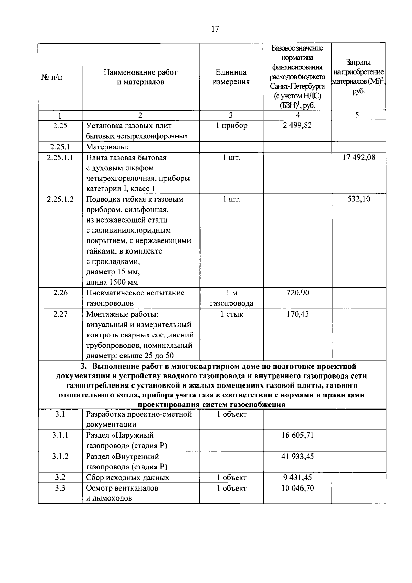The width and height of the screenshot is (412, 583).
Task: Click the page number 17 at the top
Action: [x=215, y=29]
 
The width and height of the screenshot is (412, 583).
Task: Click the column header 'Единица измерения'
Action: [x=231, y=77]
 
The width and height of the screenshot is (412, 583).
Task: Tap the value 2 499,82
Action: [x=297, y=125]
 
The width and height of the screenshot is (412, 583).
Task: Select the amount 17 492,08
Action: [x=359, y=157]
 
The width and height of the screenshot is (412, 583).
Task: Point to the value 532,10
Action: [x=359, y=199]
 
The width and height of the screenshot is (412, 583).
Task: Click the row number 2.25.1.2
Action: [x=60, y=199]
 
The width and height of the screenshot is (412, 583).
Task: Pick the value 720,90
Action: [x=297, y=293]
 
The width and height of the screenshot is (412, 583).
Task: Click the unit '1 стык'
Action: [x=231, y=314]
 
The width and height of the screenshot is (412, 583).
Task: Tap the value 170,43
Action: [x=297, y=314]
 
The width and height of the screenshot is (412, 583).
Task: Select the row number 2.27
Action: [x=60, y=314]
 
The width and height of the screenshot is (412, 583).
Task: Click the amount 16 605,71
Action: [x=297, y=435]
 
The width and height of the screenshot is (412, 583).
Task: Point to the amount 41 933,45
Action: [x=297, y=456]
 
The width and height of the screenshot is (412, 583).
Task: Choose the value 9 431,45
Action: [x=297, y=478]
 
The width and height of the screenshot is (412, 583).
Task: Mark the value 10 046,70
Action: [x=297, y=488]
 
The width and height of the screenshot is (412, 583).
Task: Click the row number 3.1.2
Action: [x=60, y=456]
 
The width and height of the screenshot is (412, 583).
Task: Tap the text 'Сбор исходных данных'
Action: [x=127, y=478]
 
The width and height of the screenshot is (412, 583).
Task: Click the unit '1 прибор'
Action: [x=231, y=125]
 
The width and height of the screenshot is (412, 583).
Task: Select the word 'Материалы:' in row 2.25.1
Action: [x=107, y=147]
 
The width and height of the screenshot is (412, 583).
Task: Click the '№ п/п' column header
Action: [x=52, y=77]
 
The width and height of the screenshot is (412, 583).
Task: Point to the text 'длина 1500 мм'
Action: [x=112, y=282]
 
